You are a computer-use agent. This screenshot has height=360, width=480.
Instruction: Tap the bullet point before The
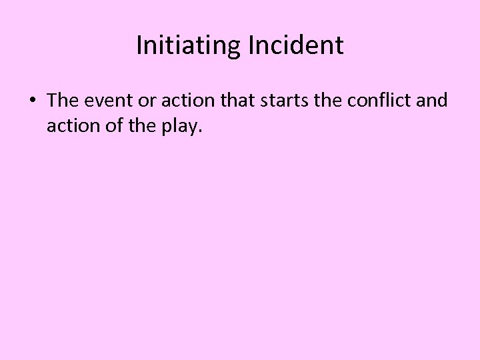(32, 101)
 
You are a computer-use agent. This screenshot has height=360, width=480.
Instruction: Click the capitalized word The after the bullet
(63, 101)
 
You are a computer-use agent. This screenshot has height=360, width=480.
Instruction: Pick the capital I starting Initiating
(139, 46)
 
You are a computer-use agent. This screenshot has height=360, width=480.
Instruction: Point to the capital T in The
(53, 101)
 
